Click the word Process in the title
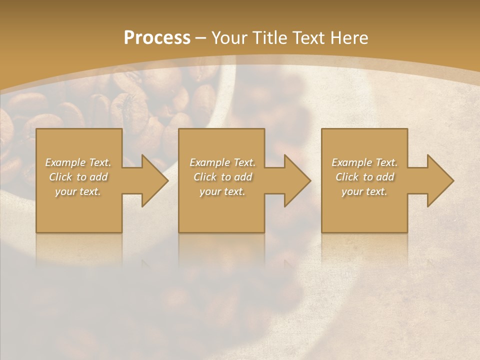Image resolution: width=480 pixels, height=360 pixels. tap(157, 37)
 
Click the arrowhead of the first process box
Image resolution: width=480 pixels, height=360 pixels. tap(152, 180)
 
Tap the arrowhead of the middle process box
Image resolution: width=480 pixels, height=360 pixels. tap(295, 180)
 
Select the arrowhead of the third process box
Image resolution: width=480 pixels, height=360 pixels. tap(438, 180)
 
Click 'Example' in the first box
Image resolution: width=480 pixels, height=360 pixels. tap(65, 162)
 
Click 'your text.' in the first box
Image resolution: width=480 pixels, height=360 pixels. tap(78, 191)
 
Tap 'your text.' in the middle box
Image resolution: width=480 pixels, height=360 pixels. tap(222, 191)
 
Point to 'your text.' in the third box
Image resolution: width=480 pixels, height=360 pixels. tap(364, 191)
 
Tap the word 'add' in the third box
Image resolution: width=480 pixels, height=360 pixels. tap(385, 177)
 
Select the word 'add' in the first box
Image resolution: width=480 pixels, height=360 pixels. tap(99, 177)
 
